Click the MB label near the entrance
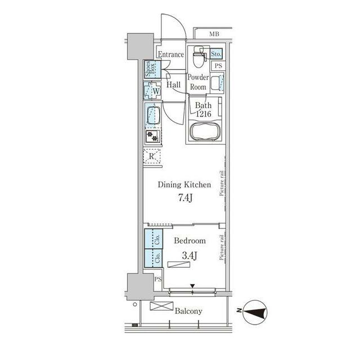click(x=214, y=34)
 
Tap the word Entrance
click(x=171, y=55)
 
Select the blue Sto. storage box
click(x=216, y=54)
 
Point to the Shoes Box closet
click(x=152, y=69)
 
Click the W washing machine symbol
click(x=152, y=91)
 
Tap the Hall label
click(x=173, y=85)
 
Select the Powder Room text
click(x=198, y=82)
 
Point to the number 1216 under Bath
click(x=204, y=114)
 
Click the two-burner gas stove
click(x=152, y=136)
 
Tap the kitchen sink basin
click(x=153, y=115)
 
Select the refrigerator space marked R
click(x=152, y=156)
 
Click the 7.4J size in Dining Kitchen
click(x=186, y=198)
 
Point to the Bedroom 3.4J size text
click(x=190, y=255)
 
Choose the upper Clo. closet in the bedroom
click(x=154, y=238)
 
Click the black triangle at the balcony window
click(x=192, y=286)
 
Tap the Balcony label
click(x=188, y=311)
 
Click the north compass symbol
click(x=255, y=312)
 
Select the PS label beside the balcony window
click(x=157, y=280)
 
